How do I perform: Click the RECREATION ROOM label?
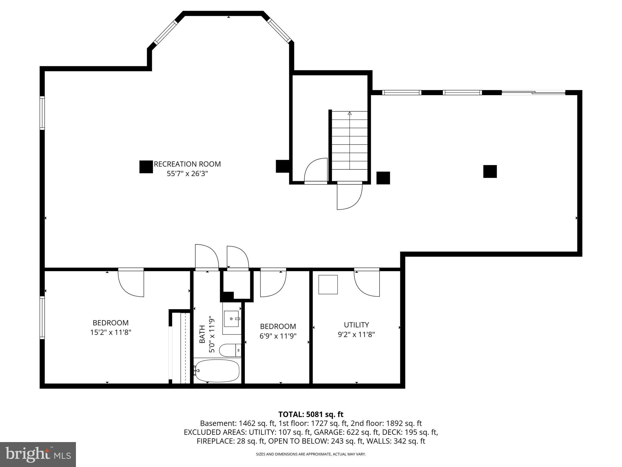point(187,164)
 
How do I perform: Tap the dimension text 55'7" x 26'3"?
point(187,174)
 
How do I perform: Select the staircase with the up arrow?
point(350,140)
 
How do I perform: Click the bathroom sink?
point(232,319)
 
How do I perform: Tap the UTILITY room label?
point(356,325)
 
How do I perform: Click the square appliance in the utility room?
point(328,285)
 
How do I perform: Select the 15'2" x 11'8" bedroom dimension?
point(111,333)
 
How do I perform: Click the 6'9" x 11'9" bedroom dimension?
point(278,336)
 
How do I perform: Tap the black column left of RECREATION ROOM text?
point(146,167)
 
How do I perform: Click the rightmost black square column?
point(490,171)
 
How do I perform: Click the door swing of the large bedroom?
point(131,283)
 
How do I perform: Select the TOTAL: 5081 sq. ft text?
point(311,414)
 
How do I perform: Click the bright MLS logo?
point(38,454)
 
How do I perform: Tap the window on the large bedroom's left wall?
point(42,318)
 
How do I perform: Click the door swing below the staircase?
point(349,196)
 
